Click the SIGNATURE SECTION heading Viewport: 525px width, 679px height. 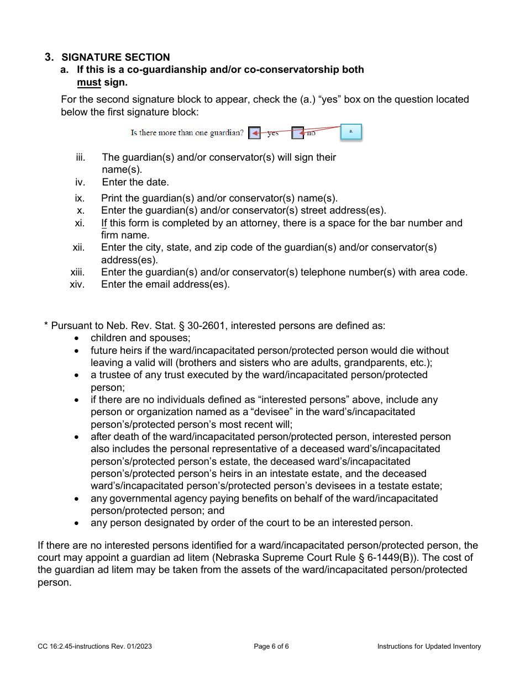coord(116,57)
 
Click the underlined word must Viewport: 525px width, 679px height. coord(89,82)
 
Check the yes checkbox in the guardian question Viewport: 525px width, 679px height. coord(254,133)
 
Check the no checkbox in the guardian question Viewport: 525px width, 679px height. coord(298,133)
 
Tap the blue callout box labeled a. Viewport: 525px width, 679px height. coord(351,131)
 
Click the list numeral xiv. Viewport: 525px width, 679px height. coord(77,284)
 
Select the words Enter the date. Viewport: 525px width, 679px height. coord(135,182)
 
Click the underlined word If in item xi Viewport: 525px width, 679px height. coord(104,223)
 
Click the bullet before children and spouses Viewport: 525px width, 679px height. coord(77,338)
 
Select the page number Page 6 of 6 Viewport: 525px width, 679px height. coord(271,646)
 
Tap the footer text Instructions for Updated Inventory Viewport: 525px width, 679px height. coord(429,646)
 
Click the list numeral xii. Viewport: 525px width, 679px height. coord(78,247)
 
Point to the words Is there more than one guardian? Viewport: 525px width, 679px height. coord(187,133)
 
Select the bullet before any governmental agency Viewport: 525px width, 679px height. coord(77,499)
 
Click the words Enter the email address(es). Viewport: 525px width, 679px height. coord(165,284)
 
